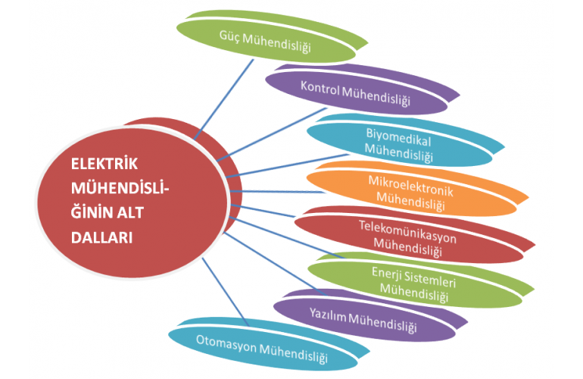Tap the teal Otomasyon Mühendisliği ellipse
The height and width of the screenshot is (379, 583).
click(x=260, y=350)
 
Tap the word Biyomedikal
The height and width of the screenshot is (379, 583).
click(x=398, y=136)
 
